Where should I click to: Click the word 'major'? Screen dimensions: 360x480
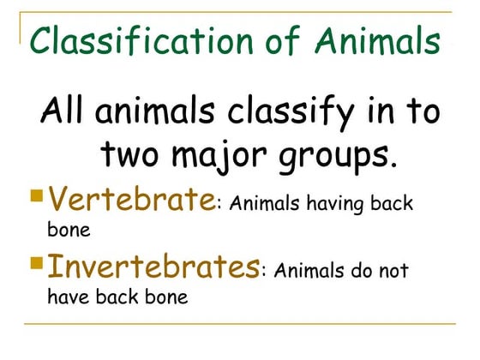[x=228, y=158]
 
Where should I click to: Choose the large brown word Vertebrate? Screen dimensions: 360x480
[x=129, y=201]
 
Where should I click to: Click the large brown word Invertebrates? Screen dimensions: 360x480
[x=153, y=266]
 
